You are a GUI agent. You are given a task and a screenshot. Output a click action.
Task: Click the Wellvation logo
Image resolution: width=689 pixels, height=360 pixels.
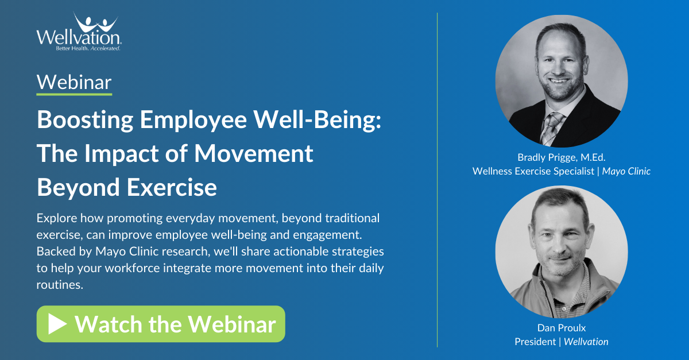click(x=79, y=32)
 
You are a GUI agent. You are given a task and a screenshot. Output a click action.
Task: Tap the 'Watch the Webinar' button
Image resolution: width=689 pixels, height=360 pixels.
click(x=161, y=324)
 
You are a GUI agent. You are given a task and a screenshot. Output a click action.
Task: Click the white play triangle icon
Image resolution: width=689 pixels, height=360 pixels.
click(x=57, y=324)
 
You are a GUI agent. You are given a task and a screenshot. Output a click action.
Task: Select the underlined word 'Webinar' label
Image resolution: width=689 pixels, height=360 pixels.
click(x=74, y=82)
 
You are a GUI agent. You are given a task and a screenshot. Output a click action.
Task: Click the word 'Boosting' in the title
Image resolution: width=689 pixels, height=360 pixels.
click(x=85, y=121)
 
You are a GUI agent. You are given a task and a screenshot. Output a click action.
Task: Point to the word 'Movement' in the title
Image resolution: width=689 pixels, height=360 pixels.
click(x=254, y=153)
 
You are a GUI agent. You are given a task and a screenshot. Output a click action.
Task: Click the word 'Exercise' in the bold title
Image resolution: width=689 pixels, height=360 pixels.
click(x=172, y=187)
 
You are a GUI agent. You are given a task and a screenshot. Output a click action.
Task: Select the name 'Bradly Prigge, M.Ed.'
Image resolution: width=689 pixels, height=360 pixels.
click(x=562, y=157)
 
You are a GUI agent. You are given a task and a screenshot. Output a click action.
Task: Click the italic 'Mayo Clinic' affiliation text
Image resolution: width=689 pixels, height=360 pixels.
click(x=626, y=171)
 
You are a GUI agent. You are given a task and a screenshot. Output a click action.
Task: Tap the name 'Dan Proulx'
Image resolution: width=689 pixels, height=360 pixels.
click(x=562, y=328)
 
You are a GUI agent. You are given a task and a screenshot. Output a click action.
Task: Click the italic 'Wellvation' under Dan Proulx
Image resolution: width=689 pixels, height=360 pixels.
click(x=586, y=342)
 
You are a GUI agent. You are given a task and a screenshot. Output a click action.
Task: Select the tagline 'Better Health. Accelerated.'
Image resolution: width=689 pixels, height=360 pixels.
click(x=88, y=48)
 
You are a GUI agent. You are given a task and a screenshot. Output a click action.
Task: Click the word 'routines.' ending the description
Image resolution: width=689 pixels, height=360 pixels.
click(x=60, y=285)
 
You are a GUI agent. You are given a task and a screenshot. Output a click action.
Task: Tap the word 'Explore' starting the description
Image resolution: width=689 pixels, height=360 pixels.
click(x=57, y=218)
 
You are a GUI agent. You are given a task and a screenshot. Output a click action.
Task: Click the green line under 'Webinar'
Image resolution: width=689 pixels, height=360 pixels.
click(x=74, y=94)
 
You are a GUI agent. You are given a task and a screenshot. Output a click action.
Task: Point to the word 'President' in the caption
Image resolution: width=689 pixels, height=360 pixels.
click(x=535, y=342)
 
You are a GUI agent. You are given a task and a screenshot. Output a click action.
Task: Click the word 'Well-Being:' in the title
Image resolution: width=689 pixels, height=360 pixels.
click(x=317, y=119)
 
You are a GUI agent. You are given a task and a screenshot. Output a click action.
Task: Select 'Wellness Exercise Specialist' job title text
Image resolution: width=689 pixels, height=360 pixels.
click(x=533, y=171)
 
